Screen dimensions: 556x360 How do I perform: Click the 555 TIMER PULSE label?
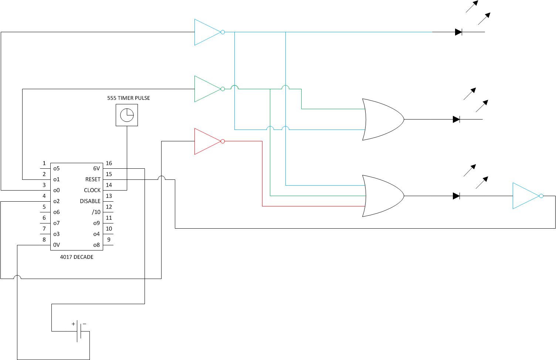(128, 98)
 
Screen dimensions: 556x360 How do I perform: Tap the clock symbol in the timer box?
(127, 115)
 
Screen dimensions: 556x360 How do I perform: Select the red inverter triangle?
(207, 141)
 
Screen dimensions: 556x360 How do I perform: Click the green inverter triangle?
(207, 89)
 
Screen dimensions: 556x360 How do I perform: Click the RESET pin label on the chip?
(93, 179)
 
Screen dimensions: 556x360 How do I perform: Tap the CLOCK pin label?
(92, 190)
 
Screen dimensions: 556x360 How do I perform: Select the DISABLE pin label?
(90, 201)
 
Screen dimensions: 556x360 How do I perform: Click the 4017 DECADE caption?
(77, 257)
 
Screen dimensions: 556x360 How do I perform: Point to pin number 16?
(109, 163)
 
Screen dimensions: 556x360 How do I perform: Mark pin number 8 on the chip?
(44, 240)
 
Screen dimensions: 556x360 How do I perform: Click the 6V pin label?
(96, 168)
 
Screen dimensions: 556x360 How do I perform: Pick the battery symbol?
(79, 331)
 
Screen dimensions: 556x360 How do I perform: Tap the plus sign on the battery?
(73, 324)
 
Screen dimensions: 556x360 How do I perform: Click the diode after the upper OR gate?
(456, 120)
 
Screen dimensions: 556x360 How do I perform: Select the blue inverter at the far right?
(526, 196)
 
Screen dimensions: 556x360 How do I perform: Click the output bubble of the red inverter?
(223, 141)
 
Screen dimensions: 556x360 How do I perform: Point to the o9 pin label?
(96, 223)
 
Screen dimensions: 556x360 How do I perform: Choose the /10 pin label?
(96, 212)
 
